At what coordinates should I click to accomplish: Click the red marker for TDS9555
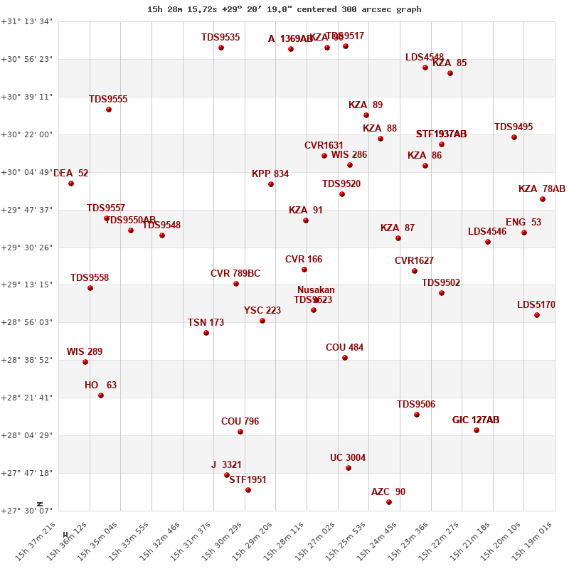pyautogui.click(x=109, y=110)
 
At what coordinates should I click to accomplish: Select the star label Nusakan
pyautogui.click(x=316, y=289)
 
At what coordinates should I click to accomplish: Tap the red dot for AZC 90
pyautogui.click(x=389, y=502)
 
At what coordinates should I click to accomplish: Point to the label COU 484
pyautogui.click(x=344, y=347)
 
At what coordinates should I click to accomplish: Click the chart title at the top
pyautogui.click(x=284, y=9)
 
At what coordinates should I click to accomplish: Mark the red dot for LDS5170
pyautogui.click(x=537, y=315)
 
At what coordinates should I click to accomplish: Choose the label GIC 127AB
pyautogui.click(x=476, y=420)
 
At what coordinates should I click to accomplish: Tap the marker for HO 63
pyautogui.click(x=101, y=395)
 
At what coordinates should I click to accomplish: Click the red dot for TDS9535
pyautogui.click(x=221, y=48)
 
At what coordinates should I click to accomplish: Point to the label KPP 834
pyautogui.click(x=270, y=174)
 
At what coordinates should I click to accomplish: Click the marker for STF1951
pyautogui.click(x=248, y=490)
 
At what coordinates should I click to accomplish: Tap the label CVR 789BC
pyautogui.click(x=235, y=273)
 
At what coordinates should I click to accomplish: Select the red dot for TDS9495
pyautogui.click(x=514, y=137)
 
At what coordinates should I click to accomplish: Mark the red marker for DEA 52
pyautogui.click(x=71, y=184)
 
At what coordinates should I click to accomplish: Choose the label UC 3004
pyautogui.click(x=348, y=457)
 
